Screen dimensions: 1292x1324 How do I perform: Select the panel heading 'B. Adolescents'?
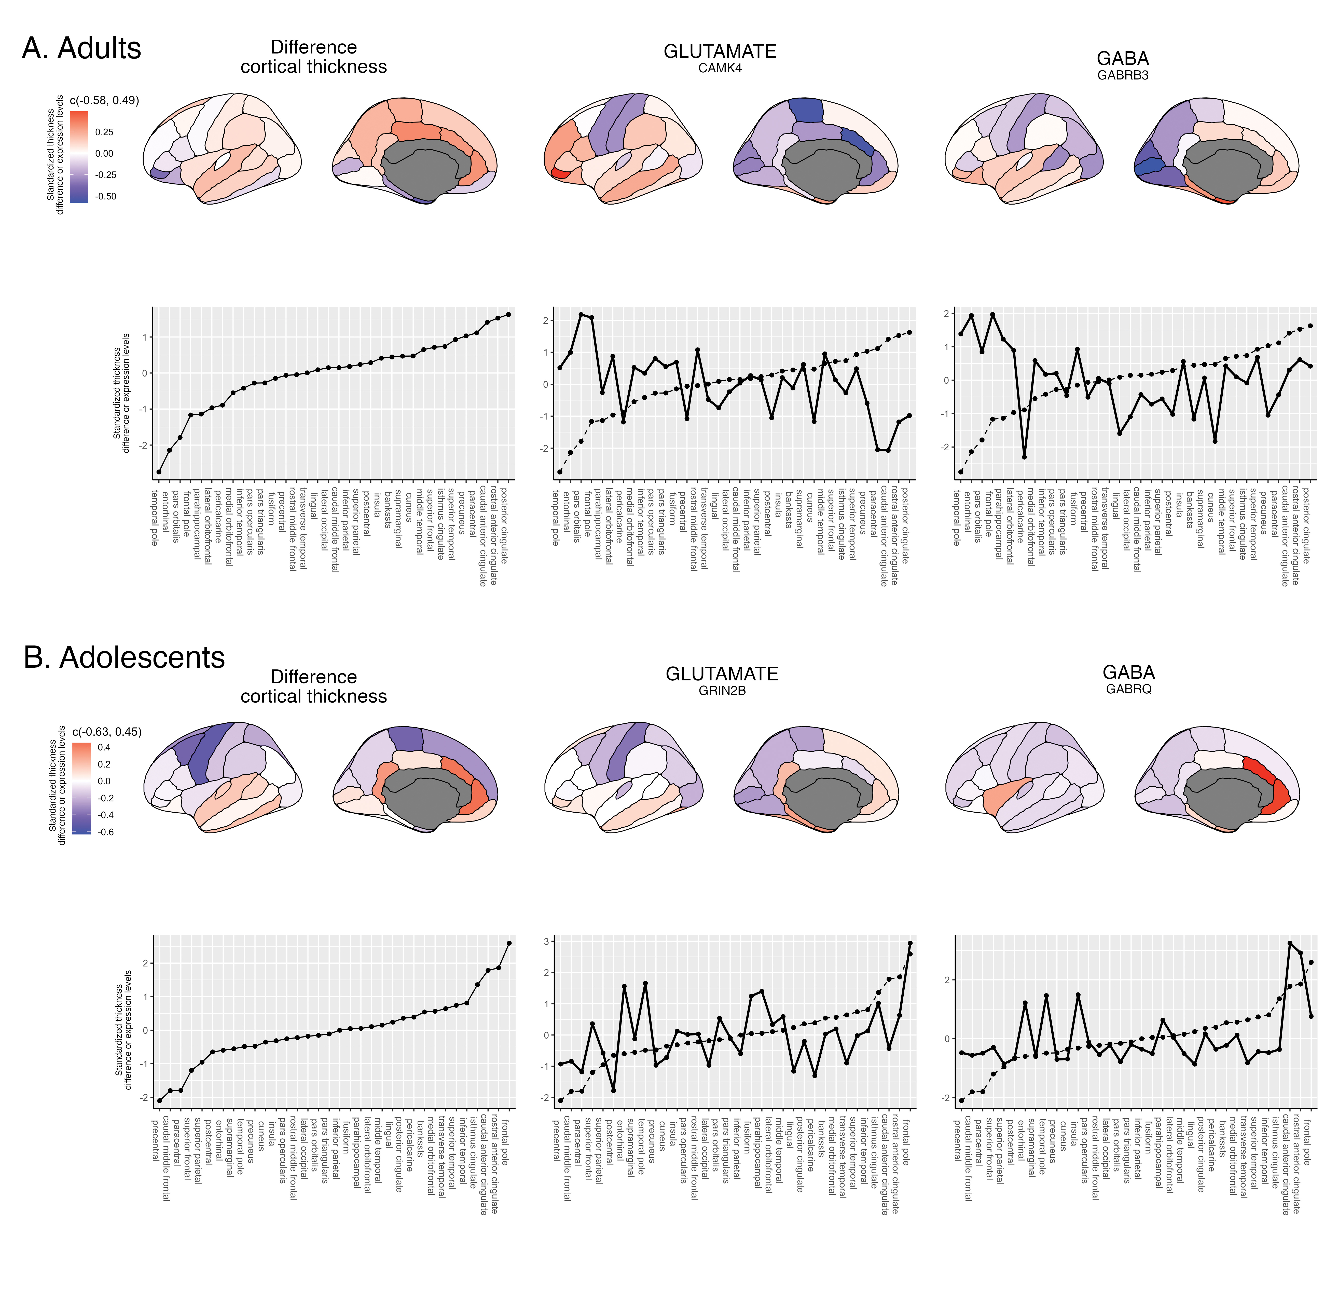click(x=124, y=657)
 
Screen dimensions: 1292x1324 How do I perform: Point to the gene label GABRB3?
click(x=1123, y=75)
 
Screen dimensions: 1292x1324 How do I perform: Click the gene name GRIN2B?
click(x=722, y=691)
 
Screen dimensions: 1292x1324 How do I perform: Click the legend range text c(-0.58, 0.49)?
click(x=104, y=100)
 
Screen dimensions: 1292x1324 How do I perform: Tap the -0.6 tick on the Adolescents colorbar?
click(x=105, y=832)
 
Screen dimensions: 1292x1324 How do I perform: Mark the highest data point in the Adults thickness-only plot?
click(x=508, y=314)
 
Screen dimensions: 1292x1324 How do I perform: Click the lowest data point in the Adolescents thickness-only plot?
click(x=159, y=1101)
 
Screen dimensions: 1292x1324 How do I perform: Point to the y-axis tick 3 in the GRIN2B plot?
click(x=546, y=942)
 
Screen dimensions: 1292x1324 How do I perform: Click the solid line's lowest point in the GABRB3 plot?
click(x=1024, y=457)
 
